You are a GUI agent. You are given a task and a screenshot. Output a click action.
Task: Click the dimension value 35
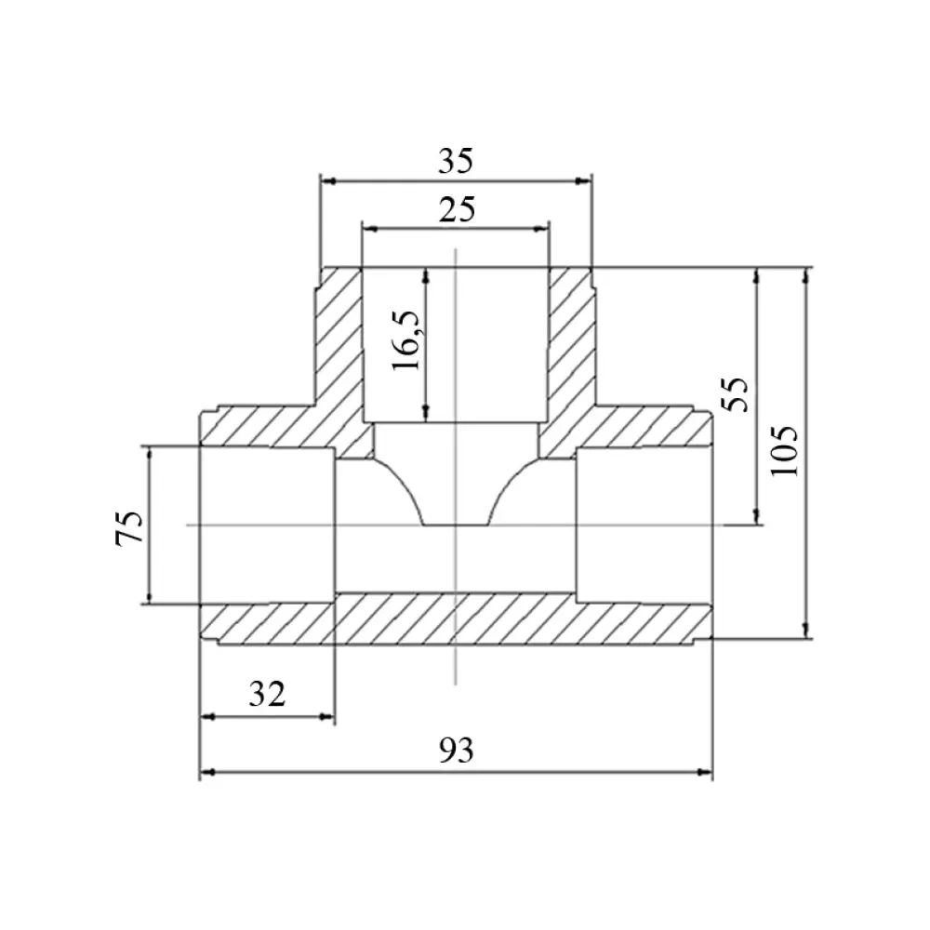[x=456, y=161]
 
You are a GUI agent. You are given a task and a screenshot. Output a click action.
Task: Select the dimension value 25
[x=457, y=210]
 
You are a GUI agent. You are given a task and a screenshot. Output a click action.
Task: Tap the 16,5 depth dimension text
[x=406, y=340]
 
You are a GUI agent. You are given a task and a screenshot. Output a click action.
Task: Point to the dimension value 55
[x=735, y=394]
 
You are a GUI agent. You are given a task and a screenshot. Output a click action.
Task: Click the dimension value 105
[x=784, y=451]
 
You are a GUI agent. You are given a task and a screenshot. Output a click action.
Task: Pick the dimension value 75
[x=129, y=527]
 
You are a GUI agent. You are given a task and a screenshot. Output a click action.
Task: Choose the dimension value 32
[x=267, y=694]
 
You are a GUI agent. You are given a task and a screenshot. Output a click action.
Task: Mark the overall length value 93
[x=456, y=751]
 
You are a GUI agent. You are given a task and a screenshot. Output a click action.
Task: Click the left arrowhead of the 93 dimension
[x=207, y=772]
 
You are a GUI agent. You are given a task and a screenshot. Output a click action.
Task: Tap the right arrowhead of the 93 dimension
[x=705, y=772]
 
